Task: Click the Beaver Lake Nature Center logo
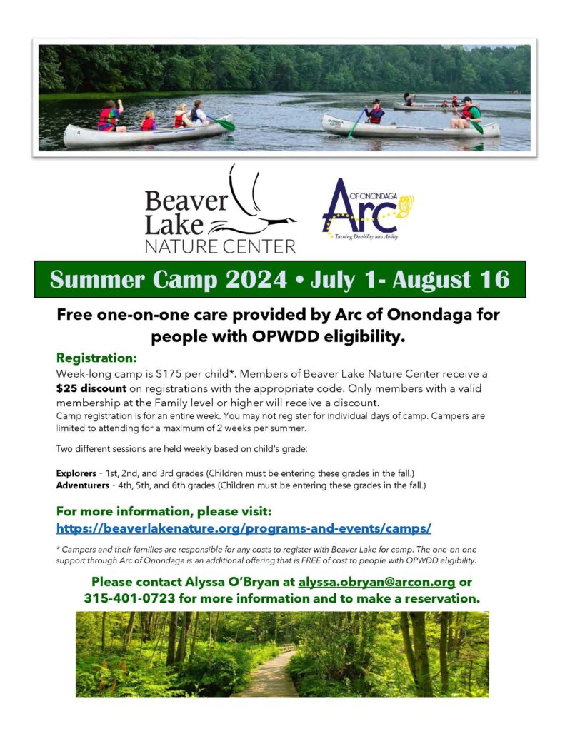tap(220, 209)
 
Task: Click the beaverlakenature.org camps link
tap(244, 528)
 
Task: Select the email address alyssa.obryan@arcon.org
tap(376, 582)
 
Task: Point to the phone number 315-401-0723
tap(130, 598)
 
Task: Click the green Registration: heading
tap(96, 358)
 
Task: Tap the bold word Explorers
tap(76, 473)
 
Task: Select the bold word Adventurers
tap(83, 485)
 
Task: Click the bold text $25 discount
tap(91, 388)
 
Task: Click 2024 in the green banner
tap(256, 279)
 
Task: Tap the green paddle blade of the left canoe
tap(226, 125)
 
